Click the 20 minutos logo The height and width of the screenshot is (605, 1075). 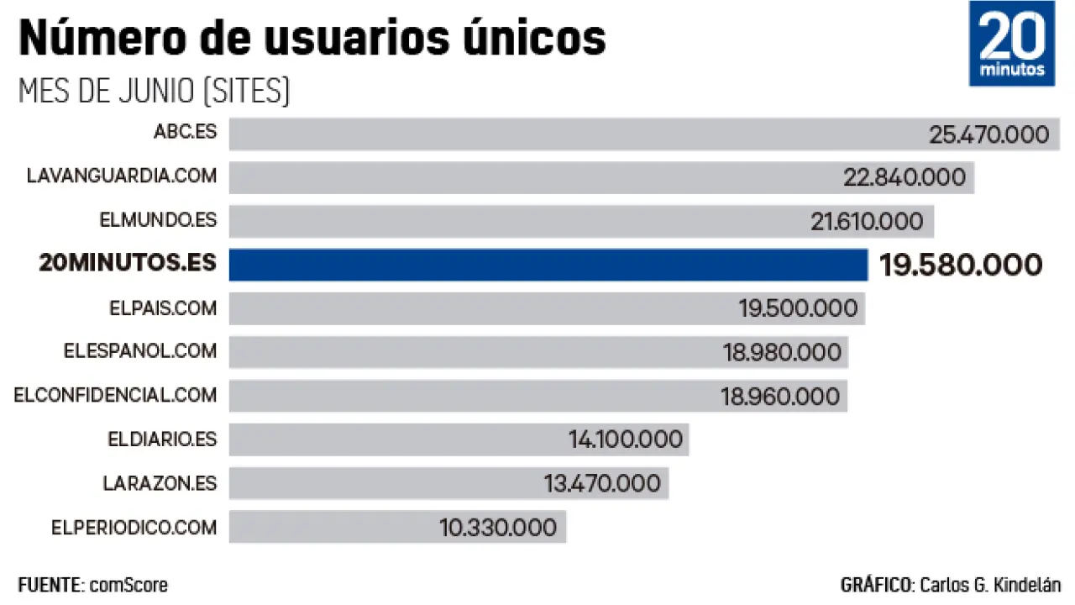[1011, 44]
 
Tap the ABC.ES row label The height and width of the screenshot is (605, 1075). [185, 133]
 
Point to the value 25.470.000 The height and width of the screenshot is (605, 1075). [988, 134]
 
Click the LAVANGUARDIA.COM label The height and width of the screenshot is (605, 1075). [121, 176]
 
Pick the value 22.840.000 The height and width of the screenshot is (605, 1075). [904, 178]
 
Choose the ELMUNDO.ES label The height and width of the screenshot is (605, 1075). [158, 220]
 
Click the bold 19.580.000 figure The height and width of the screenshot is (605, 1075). [961, 266]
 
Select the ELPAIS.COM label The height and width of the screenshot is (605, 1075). [162, 308]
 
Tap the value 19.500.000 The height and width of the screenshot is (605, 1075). [798, 308]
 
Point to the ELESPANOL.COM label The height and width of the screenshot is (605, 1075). [139, 350]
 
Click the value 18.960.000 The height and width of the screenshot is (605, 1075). [780, 396]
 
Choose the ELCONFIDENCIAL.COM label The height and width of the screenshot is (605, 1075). [115, 394]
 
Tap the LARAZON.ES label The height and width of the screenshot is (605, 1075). [160, 483]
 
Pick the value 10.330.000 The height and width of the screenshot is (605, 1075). [497, 528]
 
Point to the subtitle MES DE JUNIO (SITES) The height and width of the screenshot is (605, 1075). [154, 91]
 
